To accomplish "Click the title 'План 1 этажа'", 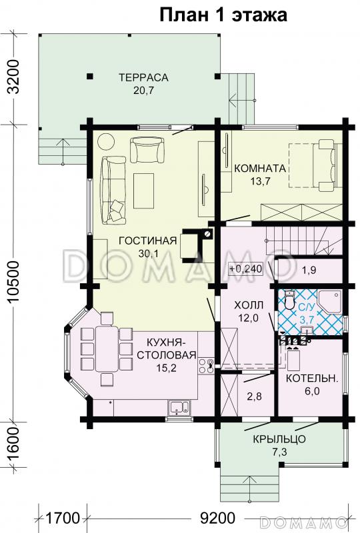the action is click(x=223, y=15).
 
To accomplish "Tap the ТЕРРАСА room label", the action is click(x=143, y=77).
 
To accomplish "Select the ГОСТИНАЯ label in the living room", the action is click(x=148, y=241).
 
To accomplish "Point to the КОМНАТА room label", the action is click(x=260, y=169).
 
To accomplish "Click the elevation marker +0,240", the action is click(x=246, y=269).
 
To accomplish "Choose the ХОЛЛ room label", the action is click(x=249, y=305).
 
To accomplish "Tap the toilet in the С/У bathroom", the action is click(x=289, y=299).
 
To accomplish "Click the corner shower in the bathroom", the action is click(x=330, y=302).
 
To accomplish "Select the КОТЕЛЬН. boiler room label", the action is click(x=312, y=378).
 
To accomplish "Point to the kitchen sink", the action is click(x=179, y=407).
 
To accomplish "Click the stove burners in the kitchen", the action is click(x=206, y=366).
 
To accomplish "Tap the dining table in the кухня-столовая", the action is click(x=107, y=348).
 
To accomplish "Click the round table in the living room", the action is click(x=106, y=142).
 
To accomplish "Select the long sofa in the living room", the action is click(x=113, y=190).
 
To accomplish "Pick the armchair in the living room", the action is click(x=147, y=150).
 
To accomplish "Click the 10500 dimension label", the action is click(x=13, y=282).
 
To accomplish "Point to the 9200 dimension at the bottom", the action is click(x=218, y=518).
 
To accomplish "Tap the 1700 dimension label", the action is click(x=62, y=518).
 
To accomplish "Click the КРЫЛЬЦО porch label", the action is click(x=279, y=439).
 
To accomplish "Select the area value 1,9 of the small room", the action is click(x=309, y=270).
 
